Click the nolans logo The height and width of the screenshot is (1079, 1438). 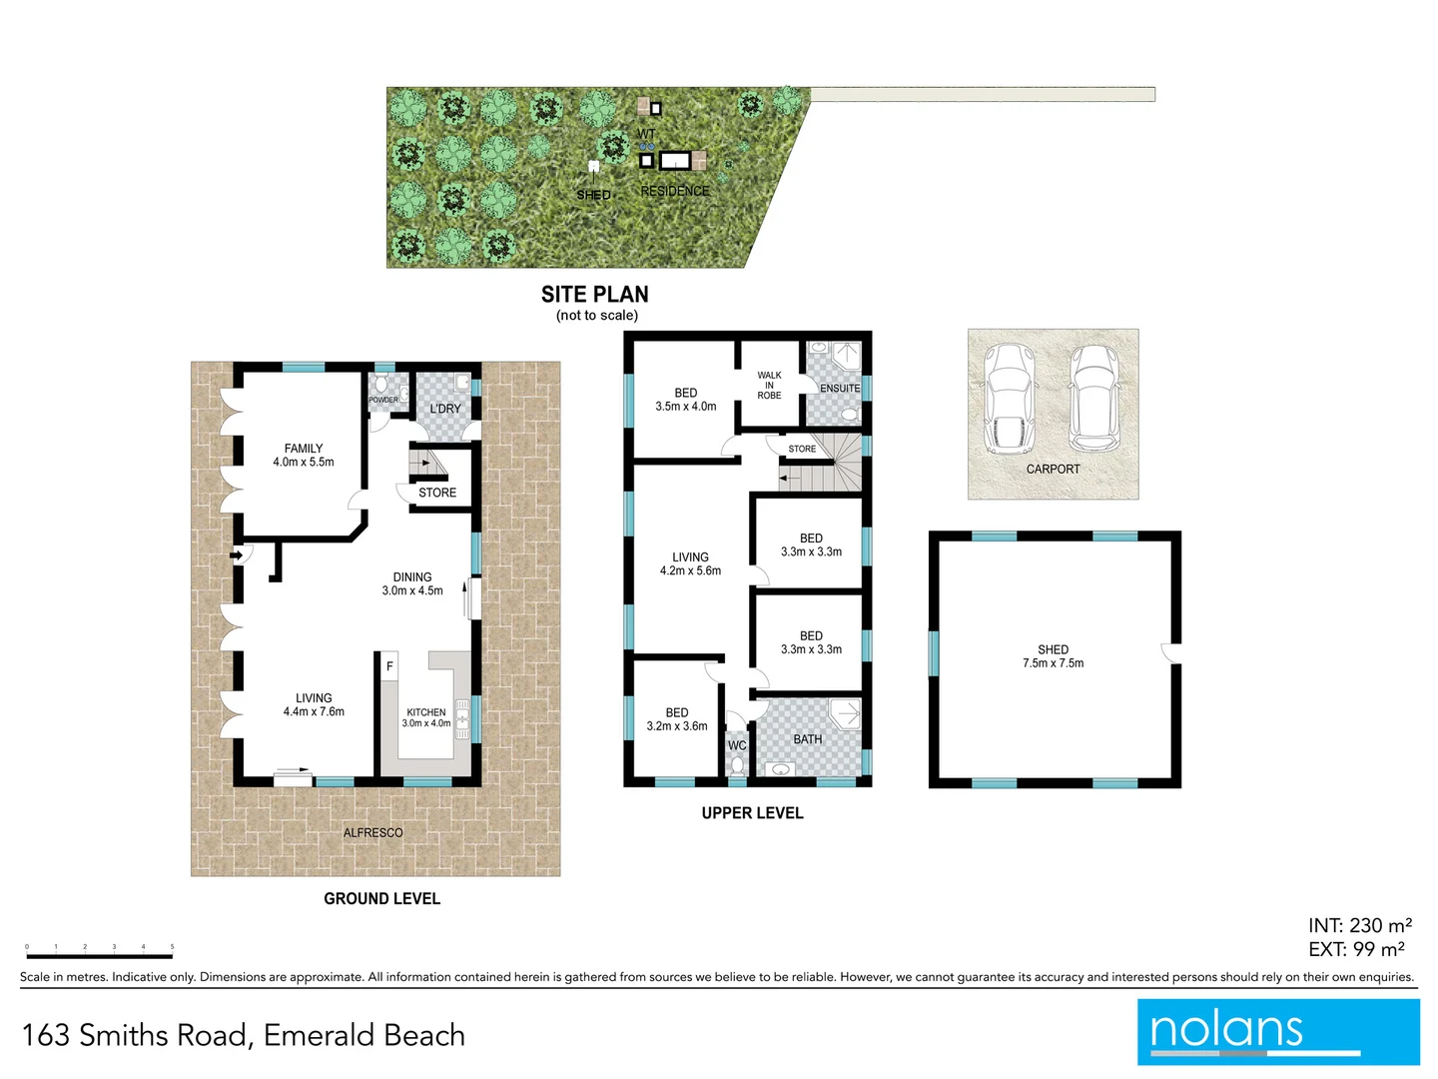pyautogui.click(x=1277, y=1032)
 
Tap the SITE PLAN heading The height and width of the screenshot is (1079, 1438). pyautogui.click(x=595, y=295)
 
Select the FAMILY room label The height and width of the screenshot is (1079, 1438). pyautogui.click(x=304, y=456)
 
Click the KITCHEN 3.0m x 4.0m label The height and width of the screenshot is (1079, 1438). pyautogui.click(x=426, y=718)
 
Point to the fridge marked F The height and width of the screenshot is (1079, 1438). pyautogui.click(x=389, y=666)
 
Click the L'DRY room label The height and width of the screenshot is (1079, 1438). pyautogui.click(x=445, y=409)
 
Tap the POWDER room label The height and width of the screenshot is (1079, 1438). pyautogui.click(x=383, y=400)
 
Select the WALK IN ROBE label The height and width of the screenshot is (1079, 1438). pyautogui.click(x=769, y=386)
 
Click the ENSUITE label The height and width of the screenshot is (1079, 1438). pyautogui.click(x=840, y=388)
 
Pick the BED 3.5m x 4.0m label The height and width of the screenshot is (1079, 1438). pyautogui.click(x=686, y=400)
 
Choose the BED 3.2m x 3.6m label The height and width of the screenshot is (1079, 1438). pyautogui.click(x=677, y=719)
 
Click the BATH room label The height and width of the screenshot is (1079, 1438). pyautogui.click(x=808, y=739)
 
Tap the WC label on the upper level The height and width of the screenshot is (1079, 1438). pyautogui.click(x=737, y=745)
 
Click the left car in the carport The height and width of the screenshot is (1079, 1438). pyautogui.click(x=1010, y=399)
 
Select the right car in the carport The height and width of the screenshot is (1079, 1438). pyautogui.click(x=1094, y=399)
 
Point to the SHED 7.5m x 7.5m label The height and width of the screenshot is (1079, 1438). pyautogui.click(x=1054, y=656)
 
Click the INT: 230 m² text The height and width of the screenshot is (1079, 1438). pyautogui.click(x=1359, y=926)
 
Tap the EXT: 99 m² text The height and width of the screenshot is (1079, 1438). pyautogui.click(x=1356, y=950)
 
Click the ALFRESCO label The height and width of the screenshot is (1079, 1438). pyautogui.click(x=373, y=832)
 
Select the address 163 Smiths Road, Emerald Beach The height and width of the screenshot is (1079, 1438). pyautogui.click(x=244, y=1035)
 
